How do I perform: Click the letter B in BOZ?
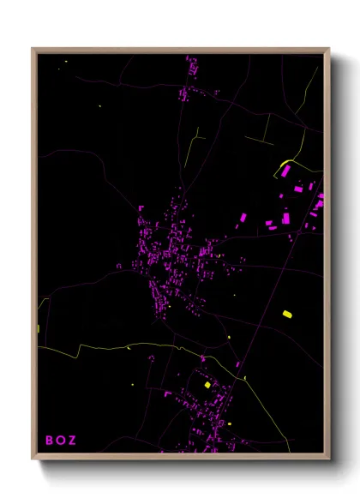click(x=49, y=441)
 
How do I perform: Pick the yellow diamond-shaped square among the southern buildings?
click(x=207, y=386)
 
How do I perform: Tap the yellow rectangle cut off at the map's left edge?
click(x=39, y=328)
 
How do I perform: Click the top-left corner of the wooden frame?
click(x=33, y=49)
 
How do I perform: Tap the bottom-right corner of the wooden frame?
click(x=328, y=459)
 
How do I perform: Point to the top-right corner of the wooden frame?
click(x=328, y=49)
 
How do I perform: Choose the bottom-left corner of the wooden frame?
click(x=33, y=459)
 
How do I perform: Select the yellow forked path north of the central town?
click(x=192, y=146)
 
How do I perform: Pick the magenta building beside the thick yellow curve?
click(x=285, y=171)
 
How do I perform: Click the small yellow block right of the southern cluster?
click(x=230, y=423)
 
